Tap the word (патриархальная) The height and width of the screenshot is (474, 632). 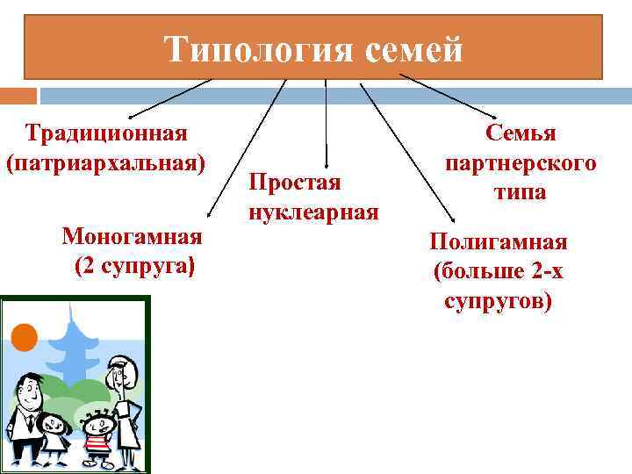[x=106, y=163]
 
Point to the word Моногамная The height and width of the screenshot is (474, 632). [x=133, y=236]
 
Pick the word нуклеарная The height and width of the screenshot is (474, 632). [x=313, y=212]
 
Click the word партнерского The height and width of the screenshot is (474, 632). [x=521, y=163]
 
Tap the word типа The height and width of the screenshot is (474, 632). [x=520, y=192]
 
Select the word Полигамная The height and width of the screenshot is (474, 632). [x=498, y=242]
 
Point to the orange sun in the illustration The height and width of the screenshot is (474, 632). [x=24, y=336]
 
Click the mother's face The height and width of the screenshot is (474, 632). [x=120, y=377]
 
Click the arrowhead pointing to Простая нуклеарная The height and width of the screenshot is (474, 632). [x=326, y=164]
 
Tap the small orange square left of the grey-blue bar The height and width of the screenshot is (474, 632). [x=18, y=94]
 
